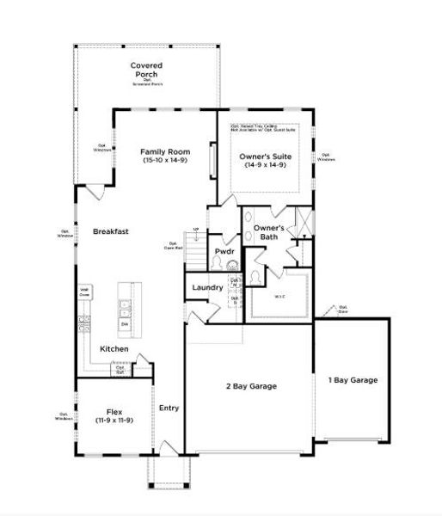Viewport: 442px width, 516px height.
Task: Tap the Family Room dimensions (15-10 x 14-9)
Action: (x=163, y=160)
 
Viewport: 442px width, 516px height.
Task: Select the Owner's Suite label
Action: (x=264, y=156)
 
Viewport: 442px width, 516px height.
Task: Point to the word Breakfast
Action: (x=111, y=231)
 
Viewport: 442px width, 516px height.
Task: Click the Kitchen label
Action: (x=114, y=348)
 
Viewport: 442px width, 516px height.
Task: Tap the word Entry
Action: (x=169, y=408)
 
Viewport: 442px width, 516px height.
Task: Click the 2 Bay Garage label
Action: (x=250, y=387)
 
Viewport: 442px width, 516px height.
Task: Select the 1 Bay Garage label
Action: (x=353, y=380)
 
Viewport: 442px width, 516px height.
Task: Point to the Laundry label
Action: (x=207, y=287)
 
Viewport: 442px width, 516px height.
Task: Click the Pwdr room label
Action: (x=224, y=251)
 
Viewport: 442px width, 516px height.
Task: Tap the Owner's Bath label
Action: (x=266, y=233)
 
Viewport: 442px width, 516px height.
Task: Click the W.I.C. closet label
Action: (x=279, y=296)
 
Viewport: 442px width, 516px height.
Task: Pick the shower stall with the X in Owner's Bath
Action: (x=301, y=223)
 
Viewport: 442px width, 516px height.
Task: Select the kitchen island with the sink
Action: (x=126, y=305)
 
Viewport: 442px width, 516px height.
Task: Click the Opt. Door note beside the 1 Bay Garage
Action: (x=342, y=309)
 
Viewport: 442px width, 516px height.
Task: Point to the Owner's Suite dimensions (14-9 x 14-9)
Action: (x=264, y=165)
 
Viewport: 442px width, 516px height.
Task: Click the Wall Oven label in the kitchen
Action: (x=85, y=292)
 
